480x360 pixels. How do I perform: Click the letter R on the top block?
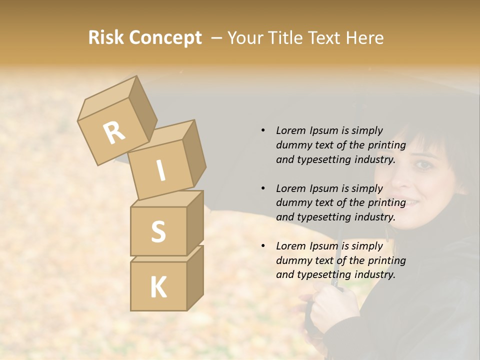(x=114, y=132)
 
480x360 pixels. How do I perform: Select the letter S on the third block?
(x=158, y=231)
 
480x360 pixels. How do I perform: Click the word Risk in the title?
(x=105, y=38)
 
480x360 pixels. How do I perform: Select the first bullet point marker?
(x=263, y=130)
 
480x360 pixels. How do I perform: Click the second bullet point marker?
(x=263, y=188)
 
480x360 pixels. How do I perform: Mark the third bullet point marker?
(x=263, y=246)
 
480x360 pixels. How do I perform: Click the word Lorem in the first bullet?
(x=290, y=130)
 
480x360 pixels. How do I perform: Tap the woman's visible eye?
(x=423, y=164)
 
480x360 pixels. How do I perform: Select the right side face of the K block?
(x=195, y=277)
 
